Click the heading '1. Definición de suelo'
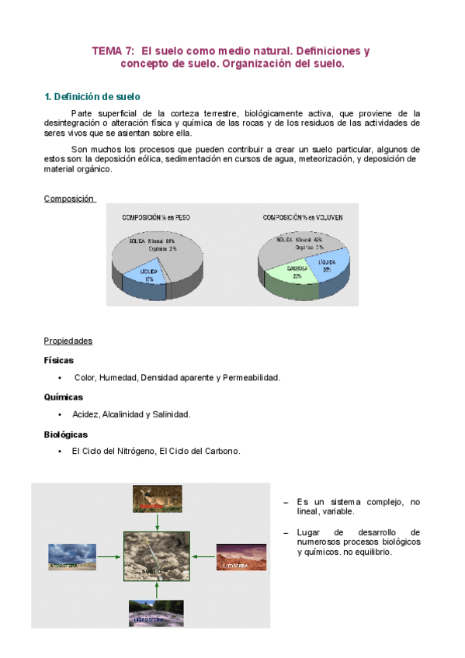click(x=92, y=97)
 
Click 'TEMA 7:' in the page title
click(x=113, y=50)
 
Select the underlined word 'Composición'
click(x=69, y=199)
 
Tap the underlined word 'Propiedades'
click(x=68, y=341)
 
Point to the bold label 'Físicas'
click(x=59, y=360)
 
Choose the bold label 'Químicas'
click(x=64, y=397)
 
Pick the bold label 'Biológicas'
click(x=66, y=435)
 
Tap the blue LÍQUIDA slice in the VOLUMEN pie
click(x=324, y=264)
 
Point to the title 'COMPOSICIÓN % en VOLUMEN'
click(x=303, y=218)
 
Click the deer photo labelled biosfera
click(x=158, y=498)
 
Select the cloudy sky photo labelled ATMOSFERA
click(x=72, y=556)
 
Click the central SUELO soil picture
click(x=157, y=556)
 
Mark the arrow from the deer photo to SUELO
click(x=157, y=521)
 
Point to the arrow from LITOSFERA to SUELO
click(x=203, y=556)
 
